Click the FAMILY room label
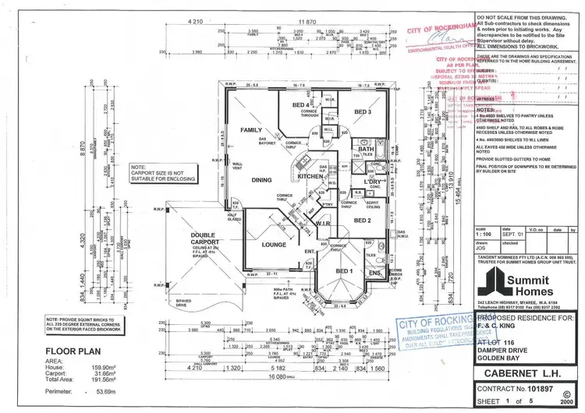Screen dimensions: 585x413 click(251, 129)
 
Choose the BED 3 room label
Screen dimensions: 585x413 click(362, 113)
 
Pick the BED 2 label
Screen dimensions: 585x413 click(363, 221)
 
